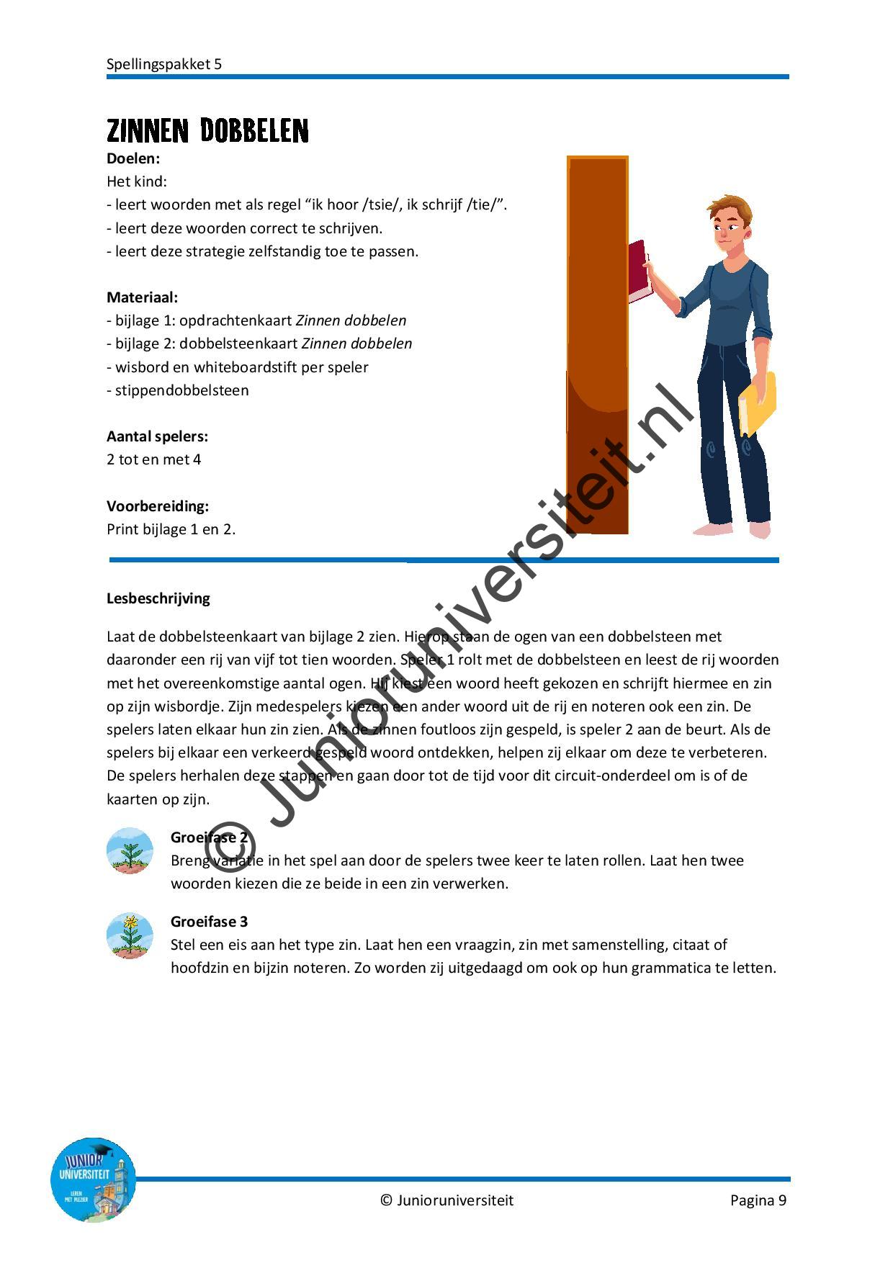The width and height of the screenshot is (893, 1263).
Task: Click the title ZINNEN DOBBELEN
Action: click(207, 131)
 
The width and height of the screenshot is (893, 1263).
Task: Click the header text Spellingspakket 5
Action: click(164, 64)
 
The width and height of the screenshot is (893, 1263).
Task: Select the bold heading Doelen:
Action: click(133, 158)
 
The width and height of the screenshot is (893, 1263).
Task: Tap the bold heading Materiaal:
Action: click(142, 297)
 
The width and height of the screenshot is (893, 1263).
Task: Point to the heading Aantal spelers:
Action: click(157, 436)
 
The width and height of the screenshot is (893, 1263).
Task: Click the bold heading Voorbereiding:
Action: click(158, 506)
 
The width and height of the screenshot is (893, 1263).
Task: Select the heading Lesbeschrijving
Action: click(158, 598)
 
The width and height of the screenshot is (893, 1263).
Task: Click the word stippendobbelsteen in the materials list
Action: click(182, 390)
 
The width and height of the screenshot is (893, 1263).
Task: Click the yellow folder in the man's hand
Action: click(757, 403)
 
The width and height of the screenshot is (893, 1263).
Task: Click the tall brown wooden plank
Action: click(597, 346)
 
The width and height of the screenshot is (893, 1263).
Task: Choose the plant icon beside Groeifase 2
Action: click(130, 850)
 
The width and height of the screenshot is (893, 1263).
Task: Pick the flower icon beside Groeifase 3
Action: click(130, 935)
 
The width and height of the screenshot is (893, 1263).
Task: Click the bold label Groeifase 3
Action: click(209, 922)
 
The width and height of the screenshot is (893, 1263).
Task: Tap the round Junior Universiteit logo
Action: click(94, 1180)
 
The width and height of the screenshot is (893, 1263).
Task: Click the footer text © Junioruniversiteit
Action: click(447, 1200)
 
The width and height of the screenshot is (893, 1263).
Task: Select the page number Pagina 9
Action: click(758, 1200)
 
